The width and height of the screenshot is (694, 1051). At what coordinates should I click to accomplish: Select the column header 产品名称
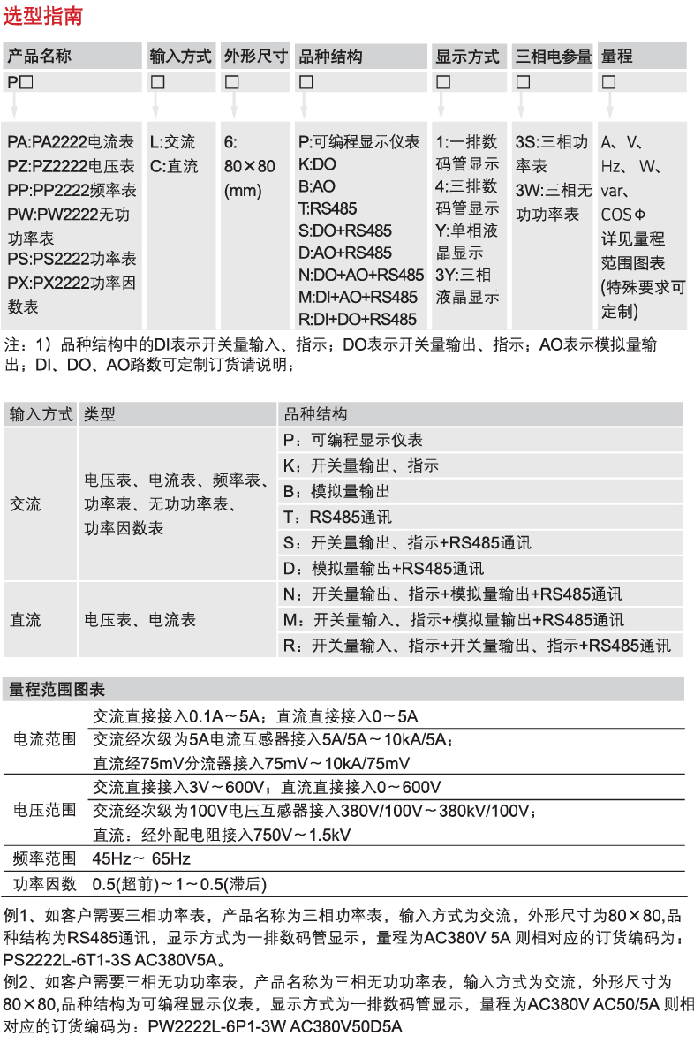coord(40,57)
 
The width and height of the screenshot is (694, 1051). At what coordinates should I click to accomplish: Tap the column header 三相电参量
coord(554,57)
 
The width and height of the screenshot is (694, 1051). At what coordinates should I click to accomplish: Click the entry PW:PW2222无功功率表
coord(71,224)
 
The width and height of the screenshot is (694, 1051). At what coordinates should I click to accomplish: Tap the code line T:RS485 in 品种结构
coord(327,208)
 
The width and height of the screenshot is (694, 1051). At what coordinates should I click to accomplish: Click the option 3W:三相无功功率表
coord(554,201)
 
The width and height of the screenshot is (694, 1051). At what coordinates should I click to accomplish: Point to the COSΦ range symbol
coord(623,215)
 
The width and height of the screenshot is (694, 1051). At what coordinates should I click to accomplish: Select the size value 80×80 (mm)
coord(249,178)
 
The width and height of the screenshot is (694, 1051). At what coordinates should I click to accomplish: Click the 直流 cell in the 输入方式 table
coord(26,619)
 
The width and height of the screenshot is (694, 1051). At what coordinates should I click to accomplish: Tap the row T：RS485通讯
coord(338,517)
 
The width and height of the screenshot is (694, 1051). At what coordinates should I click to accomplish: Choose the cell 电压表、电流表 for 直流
coord(140,619)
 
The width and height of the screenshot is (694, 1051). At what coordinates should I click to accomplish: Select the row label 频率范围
coord(44,858)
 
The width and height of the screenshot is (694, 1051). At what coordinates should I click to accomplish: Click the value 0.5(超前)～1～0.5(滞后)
coord(179,884)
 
